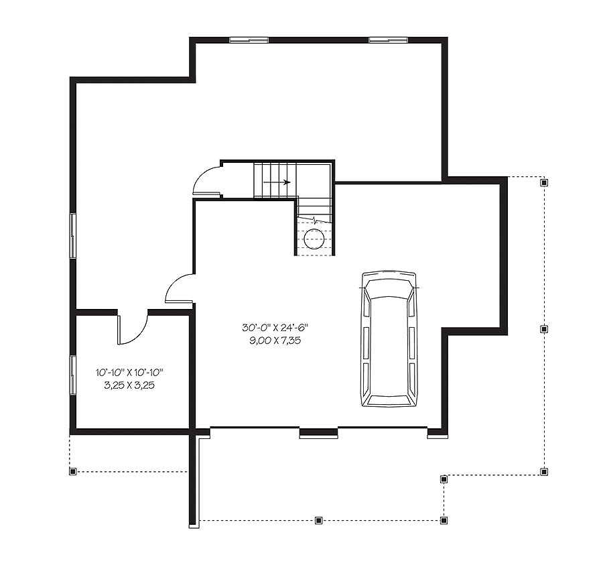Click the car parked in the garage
[388, 339]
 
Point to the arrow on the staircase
[277, 182]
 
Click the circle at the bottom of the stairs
[314, 239]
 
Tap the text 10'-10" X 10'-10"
[130, 373]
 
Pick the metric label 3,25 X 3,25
[130, 385]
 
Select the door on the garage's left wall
[179, 290]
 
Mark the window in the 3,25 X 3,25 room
[72, 375]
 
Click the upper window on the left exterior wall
[72, 235]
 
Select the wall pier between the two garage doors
[318, 434]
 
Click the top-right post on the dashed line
[544, 182]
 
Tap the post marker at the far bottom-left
[72, 472]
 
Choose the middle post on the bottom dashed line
[318, 519]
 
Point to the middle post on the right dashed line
[544, 329]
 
